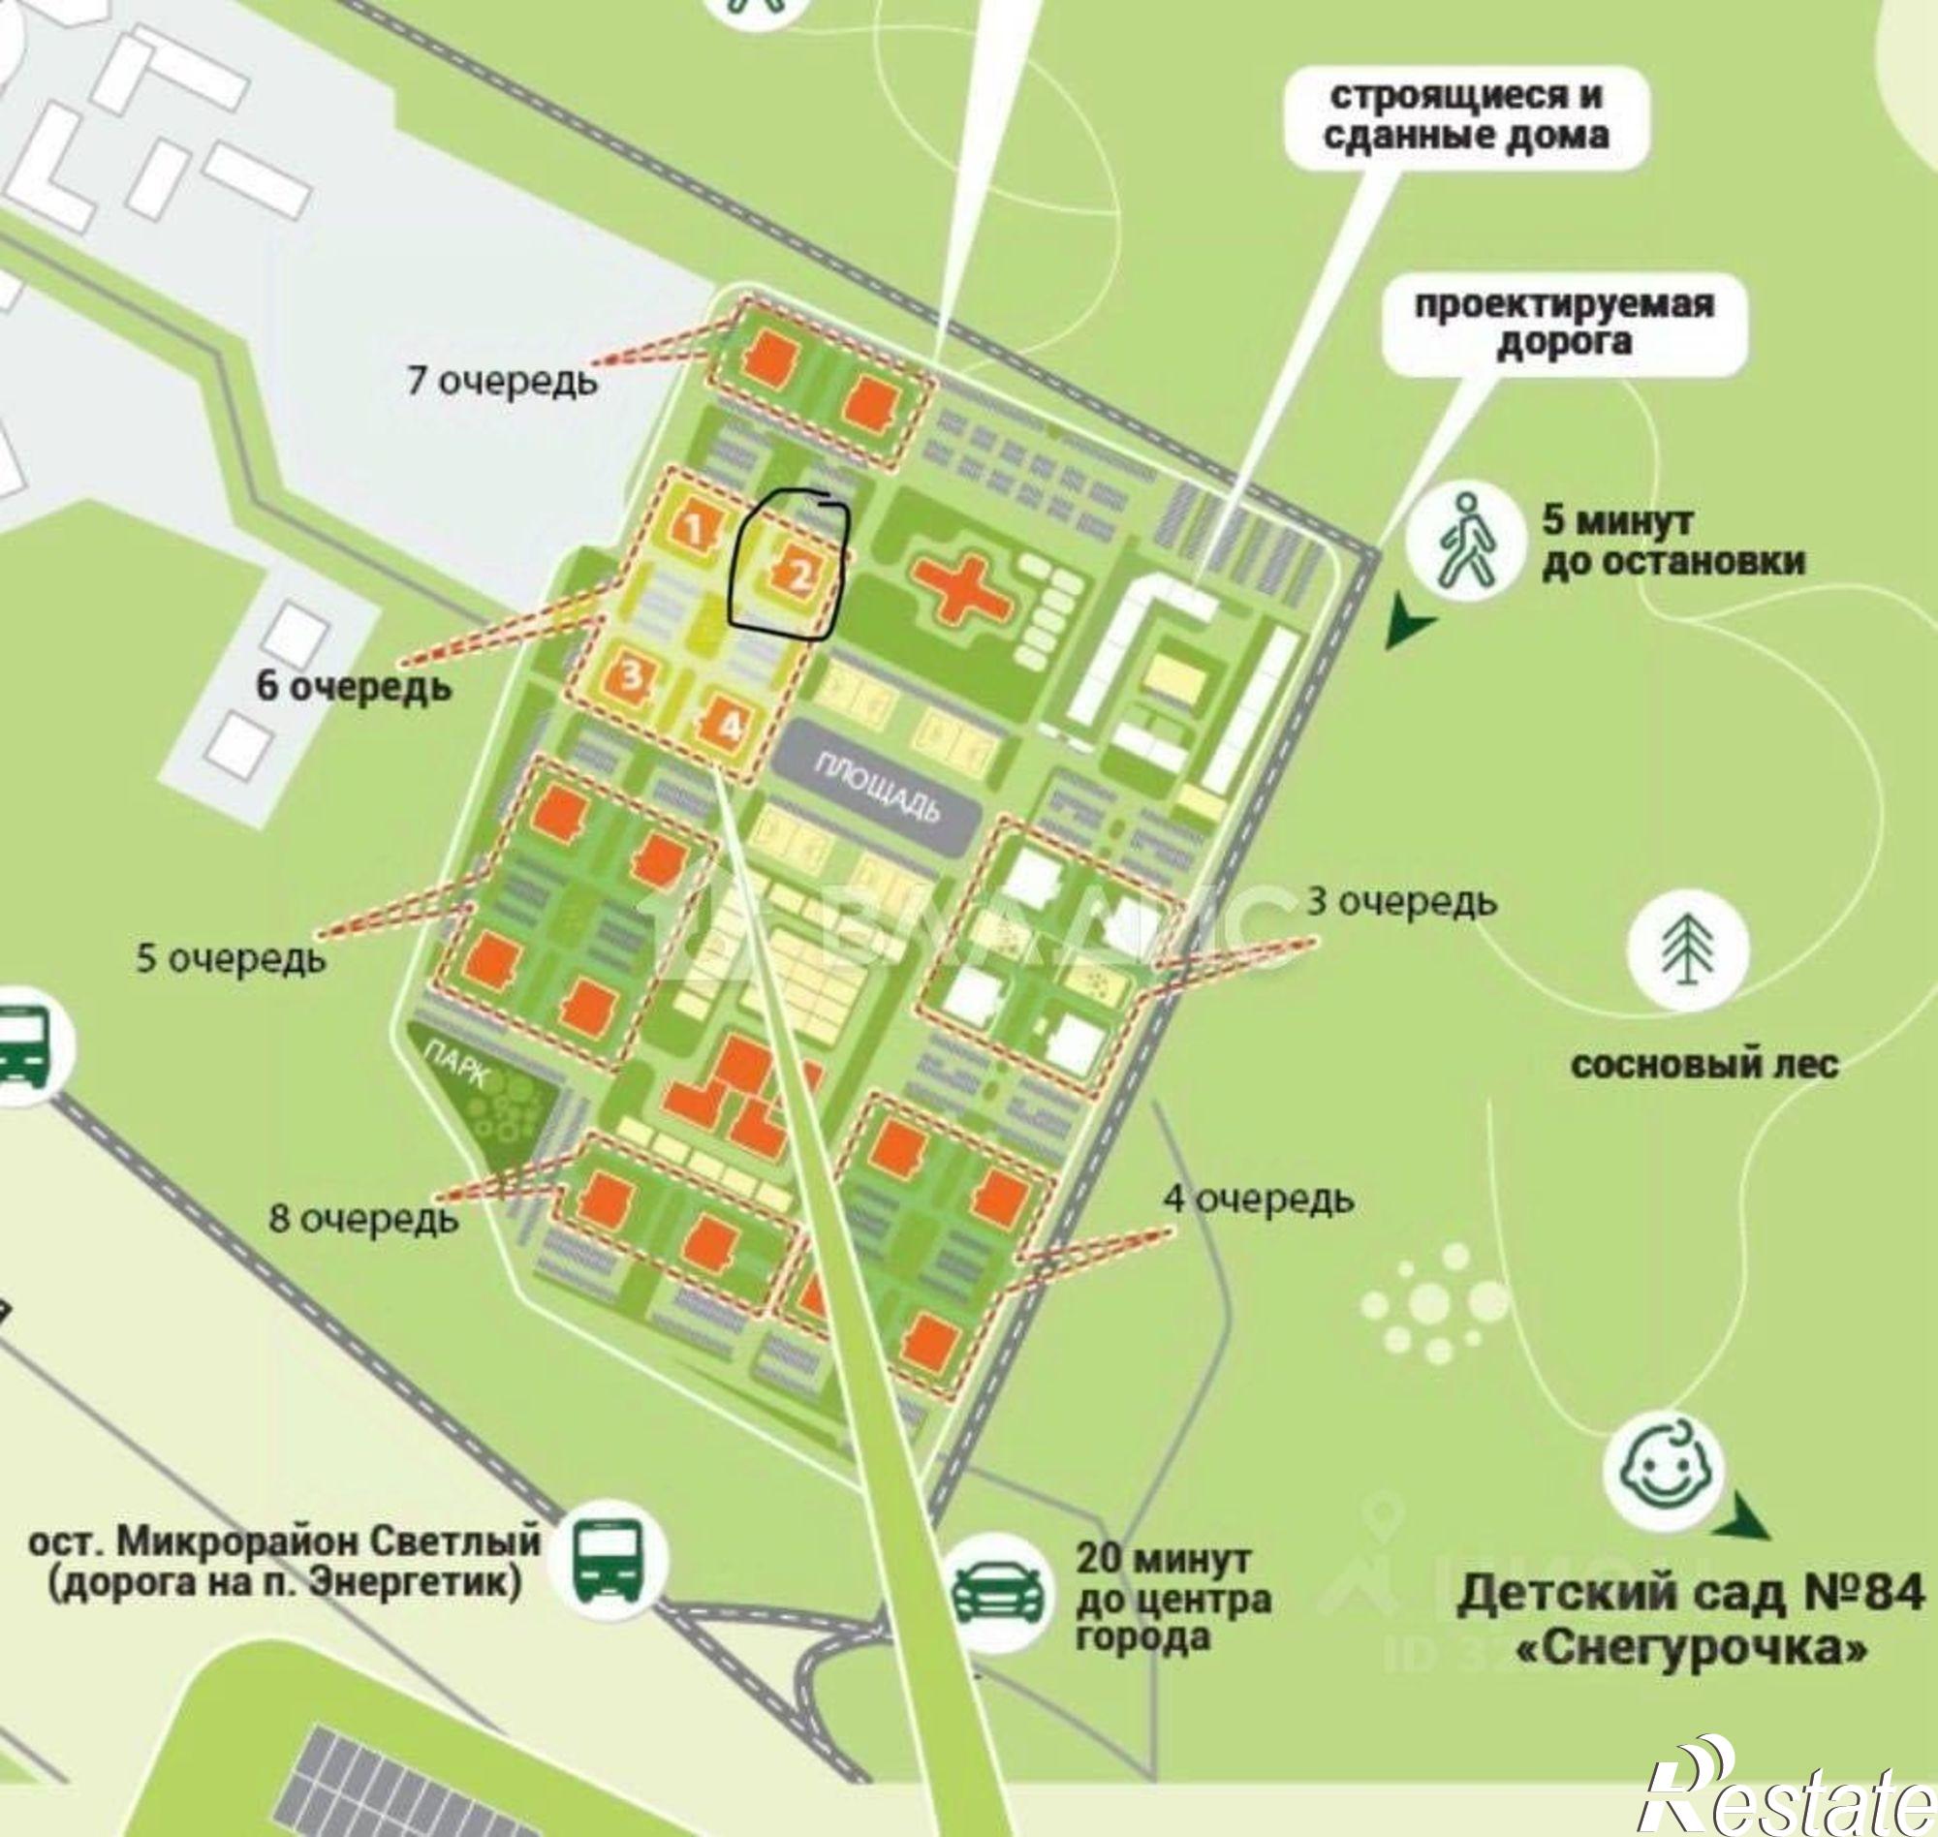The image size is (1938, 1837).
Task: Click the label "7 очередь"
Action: click(x=501, y=381)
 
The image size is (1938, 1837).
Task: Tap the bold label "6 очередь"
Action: click(x=354, y=686)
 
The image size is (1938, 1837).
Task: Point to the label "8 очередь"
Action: click(x=363, y=1218)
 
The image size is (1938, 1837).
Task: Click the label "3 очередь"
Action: click(x=1401, y=902)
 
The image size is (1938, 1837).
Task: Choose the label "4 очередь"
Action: click(x=1259, y=1199)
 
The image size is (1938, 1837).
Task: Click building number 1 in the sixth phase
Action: click(x=694, y=529)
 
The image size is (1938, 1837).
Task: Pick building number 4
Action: click(x=730, y=726)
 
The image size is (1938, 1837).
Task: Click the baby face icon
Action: click(x=1663, y=1472)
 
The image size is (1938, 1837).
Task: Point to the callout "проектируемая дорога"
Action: click(x=1564, y=325)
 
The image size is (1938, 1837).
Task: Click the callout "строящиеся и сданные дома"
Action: click(x=1466, y=116)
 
